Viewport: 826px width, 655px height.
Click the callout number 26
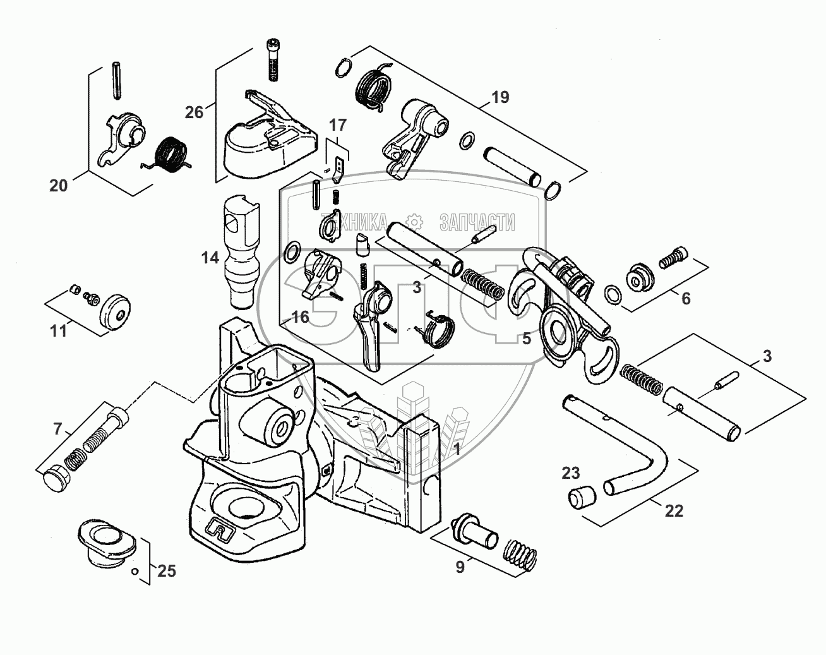194,112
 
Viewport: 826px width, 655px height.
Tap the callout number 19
500,97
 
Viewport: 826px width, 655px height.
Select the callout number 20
59,186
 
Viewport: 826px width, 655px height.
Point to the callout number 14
210,258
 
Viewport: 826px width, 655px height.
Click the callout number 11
59,330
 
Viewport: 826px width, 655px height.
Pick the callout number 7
58,430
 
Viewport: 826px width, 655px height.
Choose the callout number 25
167,572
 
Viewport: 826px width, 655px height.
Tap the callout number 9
460,567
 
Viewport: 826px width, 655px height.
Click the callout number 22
674,510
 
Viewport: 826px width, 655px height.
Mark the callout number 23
571,473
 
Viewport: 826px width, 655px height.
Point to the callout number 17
337,124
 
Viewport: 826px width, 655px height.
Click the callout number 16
300,316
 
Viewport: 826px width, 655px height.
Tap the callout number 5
525,339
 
